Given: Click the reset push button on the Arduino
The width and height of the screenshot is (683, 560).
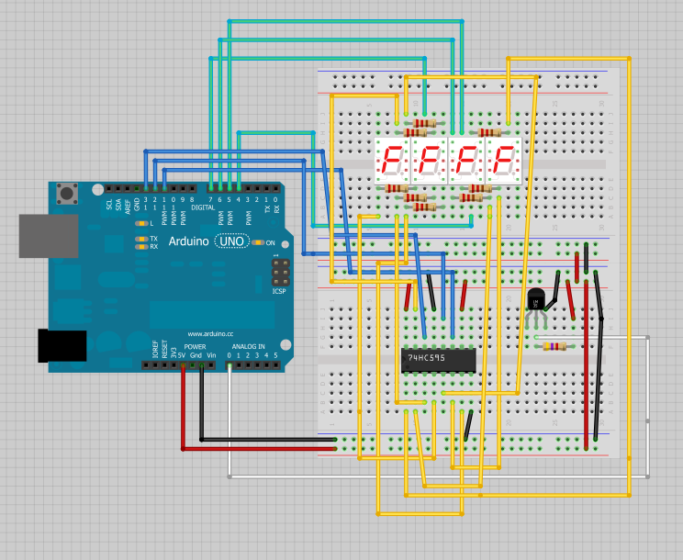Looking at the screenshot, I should (x=67, y=194).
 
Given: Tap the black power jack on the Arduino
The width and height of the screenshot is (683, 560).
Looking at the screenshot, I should (x=62, y=345).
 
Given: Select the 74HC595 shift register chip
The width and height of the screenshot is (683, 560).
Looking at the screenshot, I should (x=439, y=360).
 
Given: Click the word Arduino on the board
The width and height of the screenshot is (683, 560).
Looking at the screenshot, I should (x=188, y=241).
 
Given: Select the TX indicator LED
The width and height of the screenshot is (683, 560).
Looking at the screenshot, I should (x=141, y=238).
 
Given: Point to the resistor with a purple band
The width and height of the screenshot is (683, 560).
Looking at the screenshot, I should (x=554, y=346).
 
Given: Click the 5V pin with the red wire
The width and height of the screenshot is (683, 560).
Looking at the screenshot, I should (x=183, y=365).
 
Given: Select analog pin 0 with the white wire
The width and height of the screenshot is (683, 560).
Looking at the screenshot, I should (x=229, y=365).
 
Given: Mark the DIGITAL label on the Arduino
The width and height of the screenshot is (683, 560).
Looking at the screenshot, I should (x=203, y=207).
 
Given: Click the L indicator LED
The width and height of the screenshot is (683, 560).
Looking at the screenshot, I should (x=141, y=223).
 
